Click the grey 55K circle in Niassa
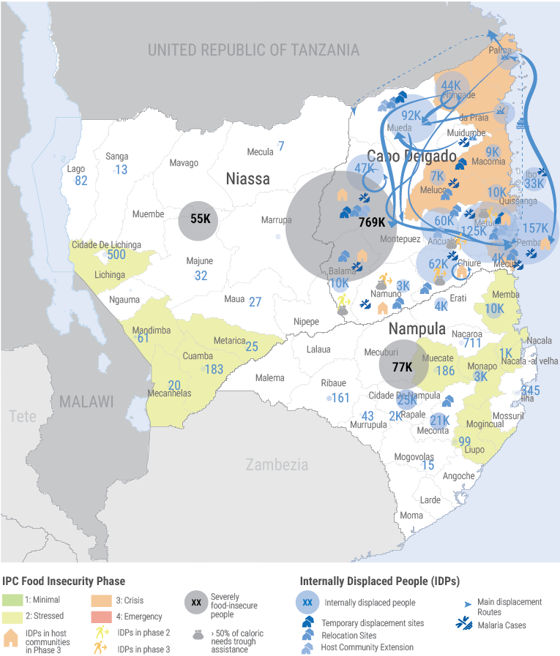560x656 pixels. tap(199, 219)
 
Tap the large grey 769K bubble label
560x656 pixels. tap(372, 222)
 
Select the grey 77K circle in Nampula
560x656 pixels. tap(402, 367)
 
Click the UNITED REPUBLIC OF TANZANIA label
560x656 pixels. tap(254, 50)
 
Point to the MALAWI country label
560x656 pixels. tap(86, 401)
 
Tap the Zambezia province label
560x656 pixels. tap(276, 464)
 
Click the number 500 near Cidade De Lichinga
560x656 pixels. tap(116, 255)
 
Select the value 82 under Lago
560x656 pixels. tap(81, 181)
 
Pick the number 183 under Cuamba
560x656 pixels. tap(214, 369)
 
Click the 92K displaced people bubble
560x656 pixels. tap(411, 116)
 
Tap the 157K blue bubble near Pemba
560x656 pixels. tap(535, 228)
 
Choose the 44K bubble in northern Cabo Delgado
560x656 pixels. tap(451, 86)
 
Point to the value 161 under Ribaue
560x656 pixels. tap(340, 398)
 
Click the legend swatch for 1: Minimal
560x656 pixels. tap(12, 600)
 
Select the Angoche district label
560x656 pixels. tap(459, 476)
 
